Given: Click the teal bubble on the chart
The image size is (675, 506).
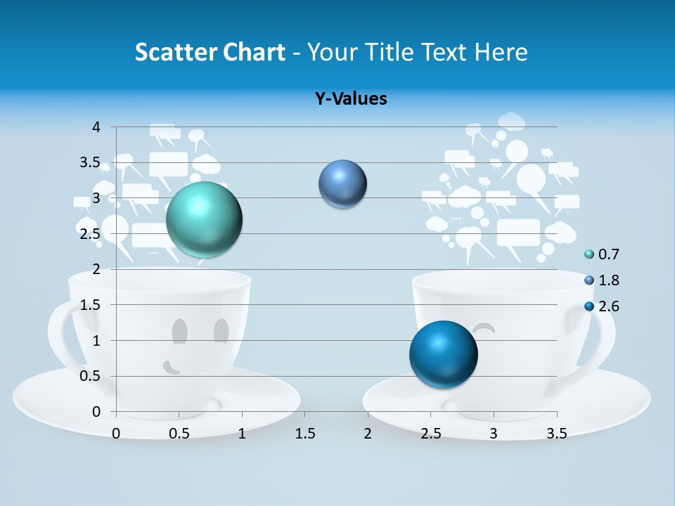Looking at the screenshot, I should point(204,219).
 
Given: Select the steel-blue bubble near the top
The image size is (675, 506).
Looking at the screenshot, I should point(342,184).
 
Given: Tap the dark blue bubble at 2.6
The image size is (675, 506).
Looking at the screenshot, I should point(443,354).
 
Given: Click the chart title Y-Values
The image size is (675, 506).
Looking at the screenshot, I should point(351,99).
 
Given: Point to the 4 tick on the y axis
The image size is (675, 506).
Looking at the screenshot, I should point(96,127).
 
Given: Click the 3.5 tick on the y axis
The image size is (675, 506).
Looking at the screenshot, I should point(90,162).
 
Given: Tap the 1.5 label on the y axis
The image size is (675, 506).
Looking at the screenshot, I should point(90,305).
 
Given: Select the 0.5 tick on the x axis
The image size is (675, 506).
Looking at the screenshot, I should point(179,433).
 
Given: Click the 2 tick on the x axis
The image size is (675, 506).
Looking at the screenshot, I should point(368,433).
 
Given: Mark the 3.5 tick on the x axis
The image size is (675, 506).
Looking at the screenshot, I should point(556,433).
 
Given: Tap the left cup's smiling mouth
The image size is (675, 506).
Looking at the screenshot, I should point(171,367).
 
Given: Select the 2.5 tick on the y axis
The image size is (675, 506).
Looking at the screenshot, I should point(90,234).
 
